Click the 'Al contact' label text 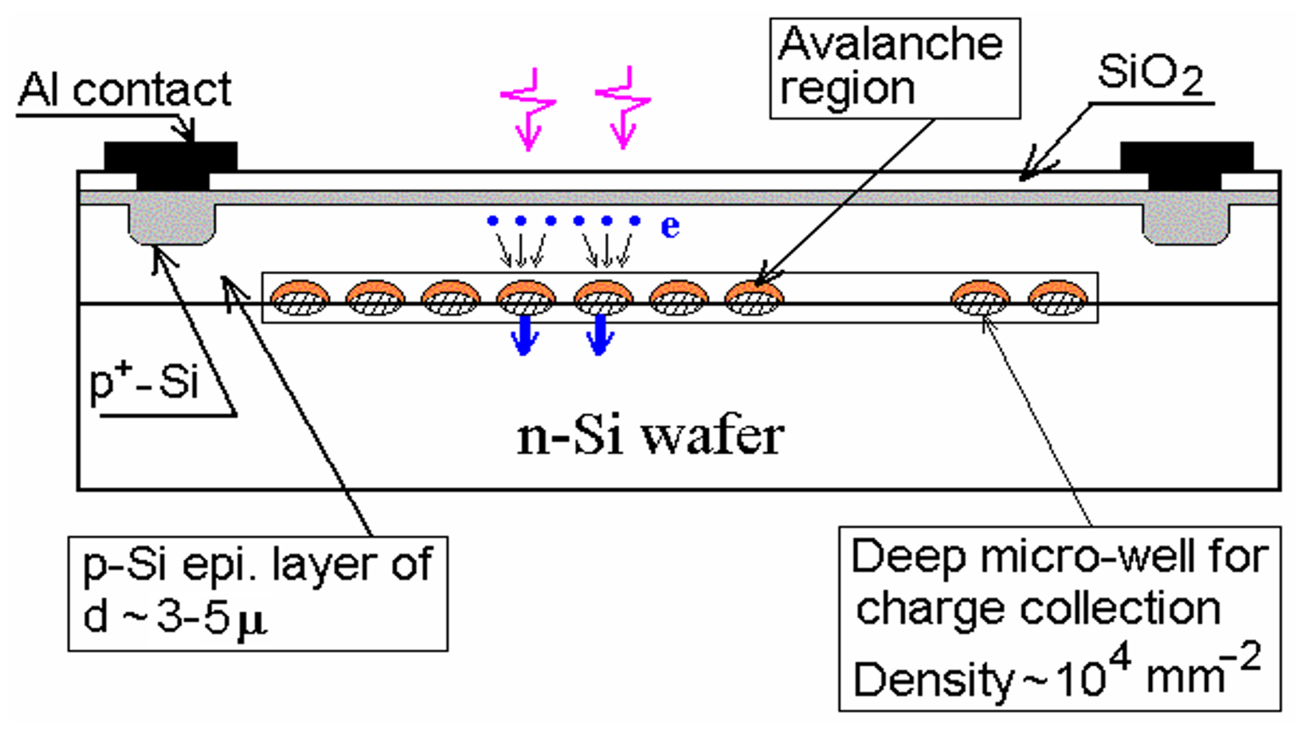click(x=125, y=90)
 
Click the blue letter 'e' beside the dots click(x=670, y=226)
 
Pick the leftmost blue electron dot click(x=492, y=220)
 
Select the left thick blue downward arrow click(x=525, y=335)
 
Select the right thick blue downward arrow click(x=599, y=335)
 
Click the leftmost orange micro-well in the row click(x=300, y=297)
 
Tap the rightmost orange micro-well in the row click(x=1057, y=297)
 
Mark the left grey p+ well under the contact click(x=172, y=224)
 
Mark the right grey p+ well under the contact click(x=1186, y=224)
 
